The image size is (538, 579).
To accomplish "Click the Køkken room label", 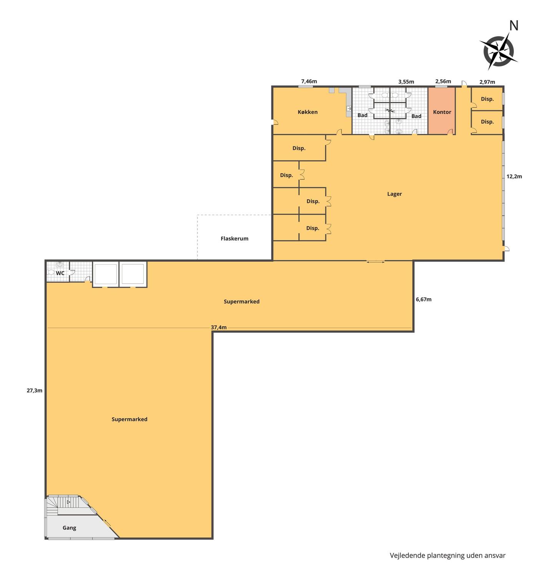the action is (x=307, y=112).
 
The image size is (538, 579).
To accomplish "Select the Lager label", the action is (x=394, y=194).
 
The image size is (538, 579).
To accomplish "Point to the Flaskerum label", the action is (x=234, y=239).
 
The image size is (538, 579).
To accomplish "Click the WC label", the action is (x=60, y=273).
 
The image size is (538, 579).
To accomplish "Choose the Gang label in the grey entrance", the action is (x=69, y=528).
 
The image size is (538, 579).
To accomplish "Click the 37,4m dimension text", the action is (x=219, y=327).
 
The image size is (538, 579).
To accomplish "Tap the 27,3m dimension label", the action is (x=35, y=390).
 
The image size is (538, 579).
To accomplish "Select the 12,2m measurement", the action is (x=514, y=176).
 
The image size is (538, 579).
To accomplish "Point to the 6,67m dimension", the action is (x=423, y=299).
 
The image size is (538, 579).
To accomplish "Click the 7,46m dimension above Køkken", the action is (x=309, y=81).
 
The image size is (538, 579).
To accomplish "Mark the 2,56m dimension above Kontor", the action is (x=443, y=81).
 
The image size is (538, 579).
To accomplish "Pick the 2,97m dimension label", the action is (x=487, y=82).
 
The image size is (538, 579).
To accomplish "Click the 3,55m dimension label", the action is (x=406, y=82).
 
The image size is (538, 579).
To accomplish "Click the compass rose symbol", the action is (x=498, y=51).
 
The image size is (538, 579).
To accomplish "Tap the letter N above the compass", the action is (x=513, y=26).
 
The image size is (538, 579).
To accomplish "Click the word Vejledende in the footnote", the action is (x=407, y=556).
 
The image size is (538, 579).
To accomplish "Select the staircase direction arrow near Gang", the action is (x=68, y=502).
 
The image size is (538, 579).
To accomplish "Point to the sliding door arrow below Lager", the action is (x=375, y=262).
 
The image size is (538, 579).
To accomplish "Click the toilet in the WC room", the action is (x=51, y=272).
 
